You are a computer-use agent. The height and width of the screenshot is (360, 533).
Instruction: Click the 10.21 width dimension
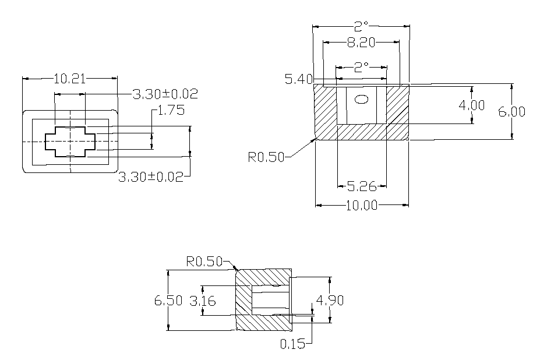point(69,79)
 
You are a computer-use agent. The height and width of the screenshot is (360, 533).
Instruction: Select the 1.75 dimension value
point(171,111)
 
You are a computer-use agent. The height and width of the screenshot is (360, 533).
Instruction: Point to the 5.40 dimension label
point(299,79)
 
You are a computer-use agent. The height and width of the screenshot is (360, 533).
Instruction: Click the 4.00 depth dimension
point(472,105)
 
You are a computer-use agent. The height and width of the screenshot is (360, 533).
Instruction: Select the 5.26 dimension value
point(362,186)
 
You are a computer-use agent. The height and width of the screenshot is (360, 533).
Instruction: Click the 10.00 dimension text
point(362,205)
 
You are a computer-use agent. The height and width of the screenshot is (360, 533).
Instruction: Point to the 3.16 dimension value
point(203,301)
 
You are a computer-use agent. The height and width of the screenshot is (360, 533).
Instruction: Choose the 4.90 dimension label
point(329,300)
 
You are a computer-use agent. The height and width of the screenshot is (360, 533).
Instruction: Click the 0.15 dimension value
point(292,344)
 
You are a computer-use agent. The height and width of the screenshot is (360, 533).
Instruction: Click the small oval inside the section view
point(362,99)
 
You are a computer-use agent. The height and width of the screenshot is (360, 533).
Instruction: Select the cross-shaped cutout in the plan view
point(70,142)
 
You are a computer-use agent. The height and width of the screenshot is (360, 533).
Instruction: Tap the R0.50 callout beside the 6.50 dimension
point(204,262)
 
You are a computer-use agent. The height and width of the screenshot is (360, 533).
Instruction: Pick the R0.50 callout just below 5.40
point(266,156)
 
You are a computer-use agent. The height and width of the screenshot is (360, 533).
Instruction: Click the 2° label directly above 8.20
point(361,26)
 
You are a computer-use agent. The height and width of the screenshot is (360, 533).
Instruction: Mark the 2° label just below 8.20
point(361,67)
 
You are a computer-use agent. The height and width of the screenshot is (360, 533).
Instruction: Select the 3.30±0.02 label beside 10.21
point(165,94)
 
